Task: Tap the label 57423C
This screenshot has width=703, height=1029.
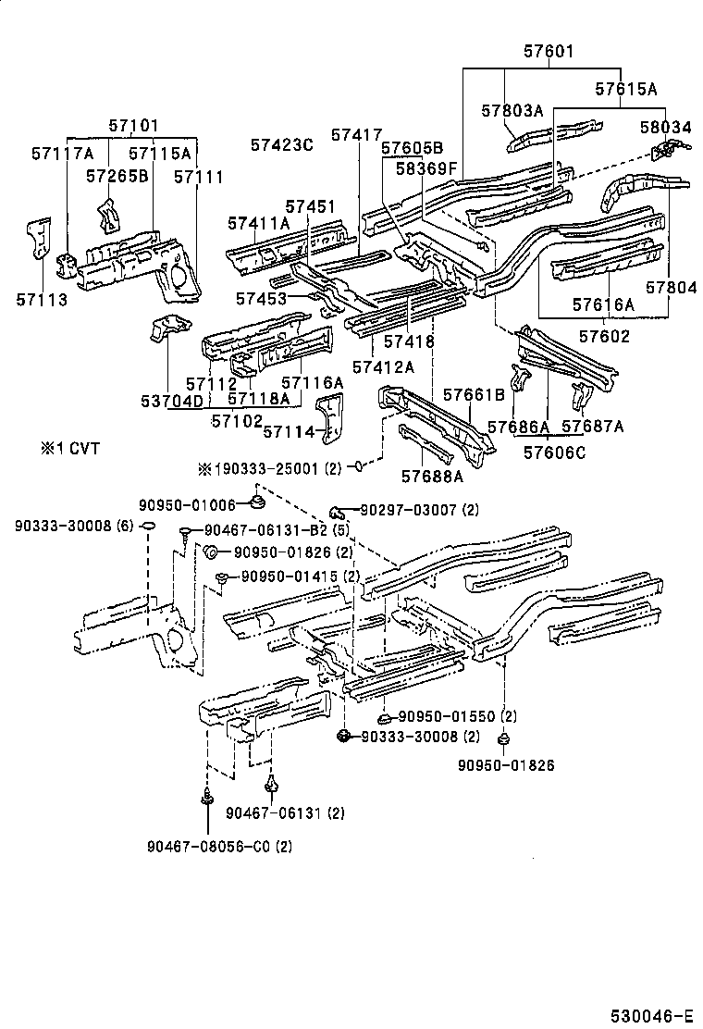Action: [x=282, y=144]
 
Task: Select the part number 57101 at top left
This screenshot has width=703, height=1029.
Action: [x=133, y=125]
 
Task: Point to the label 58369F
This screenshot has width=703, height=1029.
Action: [x=426, y=168]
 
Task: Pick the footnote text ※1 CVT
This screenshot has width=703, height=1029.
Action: [x=68, y=449]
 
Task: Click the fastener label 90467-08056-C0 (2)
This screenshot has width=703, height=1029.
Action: [x=219, y=846]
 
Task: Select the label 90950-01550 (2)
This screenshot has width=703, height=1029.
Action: [x=458, y=716]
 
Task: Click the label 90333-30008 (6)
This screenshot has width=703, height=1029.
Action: [x=74, y=526]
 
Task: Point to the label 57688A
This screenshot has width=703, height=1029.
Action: [x=432, y=477]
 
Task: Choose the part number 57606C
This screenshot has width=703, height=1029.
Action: [x=555, y=452]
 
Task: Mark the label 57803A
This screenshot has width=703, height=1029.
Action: [x=512, y=111]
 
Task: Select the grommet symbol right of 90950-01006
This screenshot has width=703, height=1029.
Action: [x=258, y=502]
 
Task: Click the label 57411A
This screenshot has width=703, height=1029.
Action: [x=258, y=223]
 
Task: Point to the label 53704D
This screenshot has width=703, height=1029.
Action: [x=171, y=401]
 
